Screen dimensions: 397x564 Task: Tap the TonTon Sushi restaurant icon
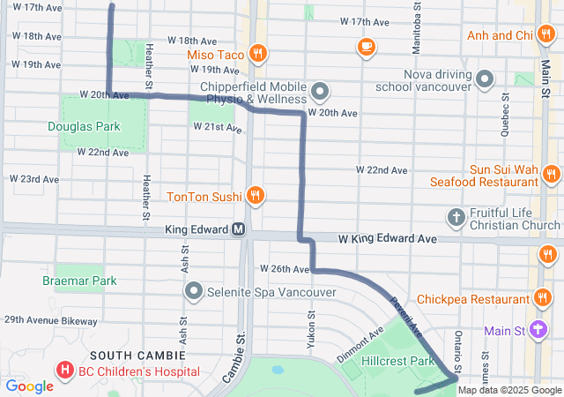(x=255, y=195)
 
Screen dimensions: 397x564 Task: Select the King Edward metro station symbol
(x=238, y=230)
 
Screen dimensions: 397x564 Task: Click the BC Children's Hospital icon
(x=64, y=371)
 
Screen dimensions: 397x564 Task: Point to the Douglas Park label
(x=84, y=126)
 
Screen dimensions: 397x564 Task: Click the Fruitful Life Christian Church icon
(x=456, y=216)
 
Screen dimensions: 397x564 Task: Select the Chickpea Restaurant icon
(x=544, y=298)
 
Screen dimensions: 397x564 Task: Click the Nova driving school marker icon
(x=484, y=80)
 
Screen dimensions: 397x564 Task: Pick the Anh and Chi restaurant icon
(x=548, y=35)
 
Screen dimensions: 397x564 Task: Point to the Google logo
(x=29, y=386)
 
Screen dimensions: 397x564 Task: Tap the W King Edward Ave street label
(x=388, y=239)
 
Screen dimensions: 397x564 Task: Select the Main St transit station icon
(x=540, y=332)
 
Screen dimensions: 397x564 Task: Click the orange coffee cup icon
(x=366, y=46)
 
